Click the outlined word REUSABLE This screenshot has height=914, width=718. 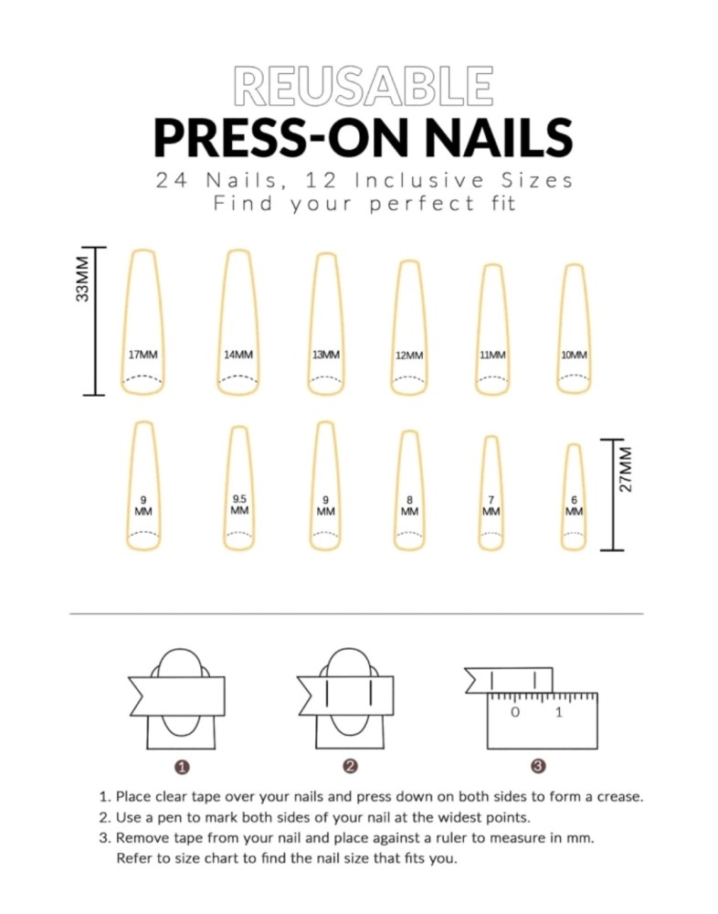[363, 86]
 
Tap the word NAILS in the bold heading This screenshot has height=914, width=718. [498, 138]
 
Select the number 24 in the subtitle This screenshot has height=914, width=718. [172, 181]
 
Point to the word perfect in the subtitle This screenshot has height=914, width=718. [423, 204]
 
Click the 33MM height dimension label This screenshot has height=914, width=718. [83, 279]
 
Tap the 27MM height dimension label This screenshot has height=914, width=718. [626, 470]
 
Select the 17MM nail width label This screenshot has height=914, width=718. [143, 355]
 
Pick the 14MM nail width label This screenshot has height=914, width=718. [238, 355]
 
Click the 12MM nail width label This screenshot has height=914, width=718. [409, 355]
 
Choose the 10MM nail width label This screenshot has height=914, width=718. [574, 355]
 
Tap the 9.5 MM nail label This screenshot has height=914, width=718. [239, 505]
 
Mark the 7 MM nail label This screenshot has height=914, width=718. [491, 505]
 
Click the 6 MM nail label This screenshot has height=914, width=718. [574, 505]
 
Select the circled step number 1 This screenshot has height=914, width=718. [182, 767]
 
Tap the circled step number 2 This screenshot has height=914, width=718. [350, 767]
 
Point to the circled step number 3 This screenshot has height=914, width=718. [539, 767]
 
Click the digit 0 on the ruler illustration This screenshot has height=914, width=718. [515, 712]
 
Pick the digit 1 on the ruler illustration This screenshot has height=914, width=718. [559, 712]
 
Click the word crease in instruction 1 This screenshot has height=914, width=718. [619, 797]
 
